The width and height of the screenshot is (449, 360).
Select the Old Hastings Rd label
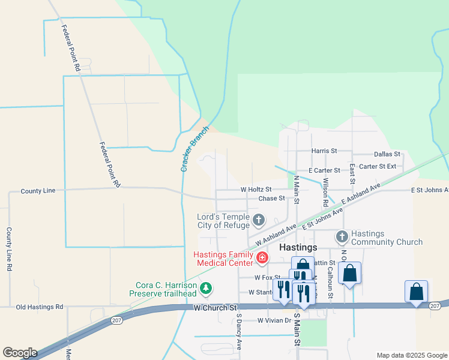click(x=40, y=307)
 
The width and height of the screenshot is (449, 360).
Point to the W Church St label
click(x=214, y=307)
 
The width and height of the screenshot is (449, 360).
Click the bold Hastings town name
click(x=298, y=247)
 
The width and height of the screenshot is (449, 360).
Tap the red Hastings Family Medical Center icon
click(x=262, y=258)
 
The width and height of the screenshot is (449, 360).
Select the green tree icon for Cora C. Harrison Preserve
click(x=206, y=289)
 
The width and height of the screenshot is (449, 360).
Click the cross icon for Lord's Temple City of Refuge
click(x=259, y=220)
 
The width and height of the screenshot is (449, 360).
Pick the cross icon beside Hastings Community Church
click(x=342, y=237)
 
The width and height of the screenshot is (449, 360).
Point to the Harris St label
click(x=324, y=151)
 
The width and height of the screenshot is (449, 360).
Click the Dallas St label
click(x=387, y=154)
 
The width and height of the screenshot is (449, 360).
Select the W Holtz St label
click(x=256, y=190)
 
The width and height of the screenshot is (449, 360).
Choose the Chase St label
click(x=271, y=199)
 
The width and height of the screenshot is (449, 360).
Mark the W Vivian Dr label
click(x=274, y=320)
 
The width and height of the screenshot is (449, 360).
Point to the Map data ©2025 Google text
click(x=411, y=355)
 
